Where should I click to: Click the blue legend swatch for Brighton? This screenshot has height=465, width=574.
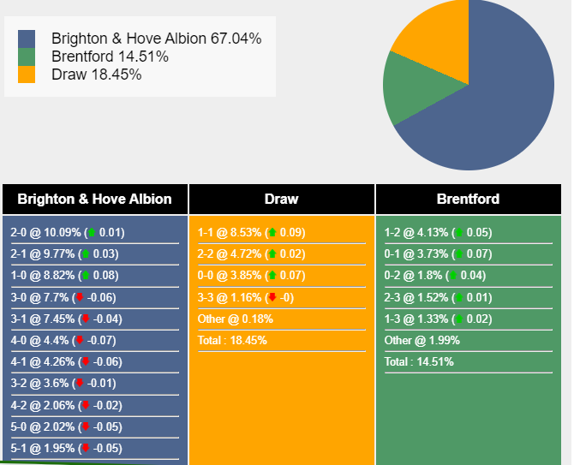[x=27, y=39]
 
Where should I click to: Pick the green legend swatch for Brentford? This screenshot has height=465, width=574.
[x=27, y=57]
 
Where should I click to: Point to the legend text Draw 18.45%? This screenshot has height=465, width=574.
[x=96, y=75]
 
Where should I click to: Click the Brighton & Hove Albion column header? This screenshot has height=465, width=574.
[x=94, y=199]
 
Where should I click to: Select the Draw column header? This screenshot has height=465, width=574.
[x=281, y=199]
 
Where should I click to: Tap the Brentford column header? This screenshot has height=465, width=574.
[x=468, y=199]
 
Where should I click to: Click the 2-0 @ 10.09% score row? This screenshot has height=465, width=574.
[x=68, y=232]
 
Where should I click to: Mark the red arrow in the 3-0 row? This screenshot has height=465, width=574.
[x=81, y=297]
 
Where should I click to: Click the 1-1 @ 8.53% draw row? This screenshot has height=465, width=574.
[x=251, y=232]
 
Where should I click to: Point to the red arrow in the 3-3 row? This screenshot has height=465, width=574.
[x=272, y=297]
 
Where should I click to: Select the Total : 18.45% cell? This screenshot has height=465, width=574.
[x=232, y=340]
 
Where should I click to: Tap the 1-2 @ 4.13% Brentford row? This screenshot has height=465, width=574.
[x=438, y=232]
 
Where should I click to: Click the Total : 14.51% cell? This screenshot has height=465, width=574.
[x=419, y=361]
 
